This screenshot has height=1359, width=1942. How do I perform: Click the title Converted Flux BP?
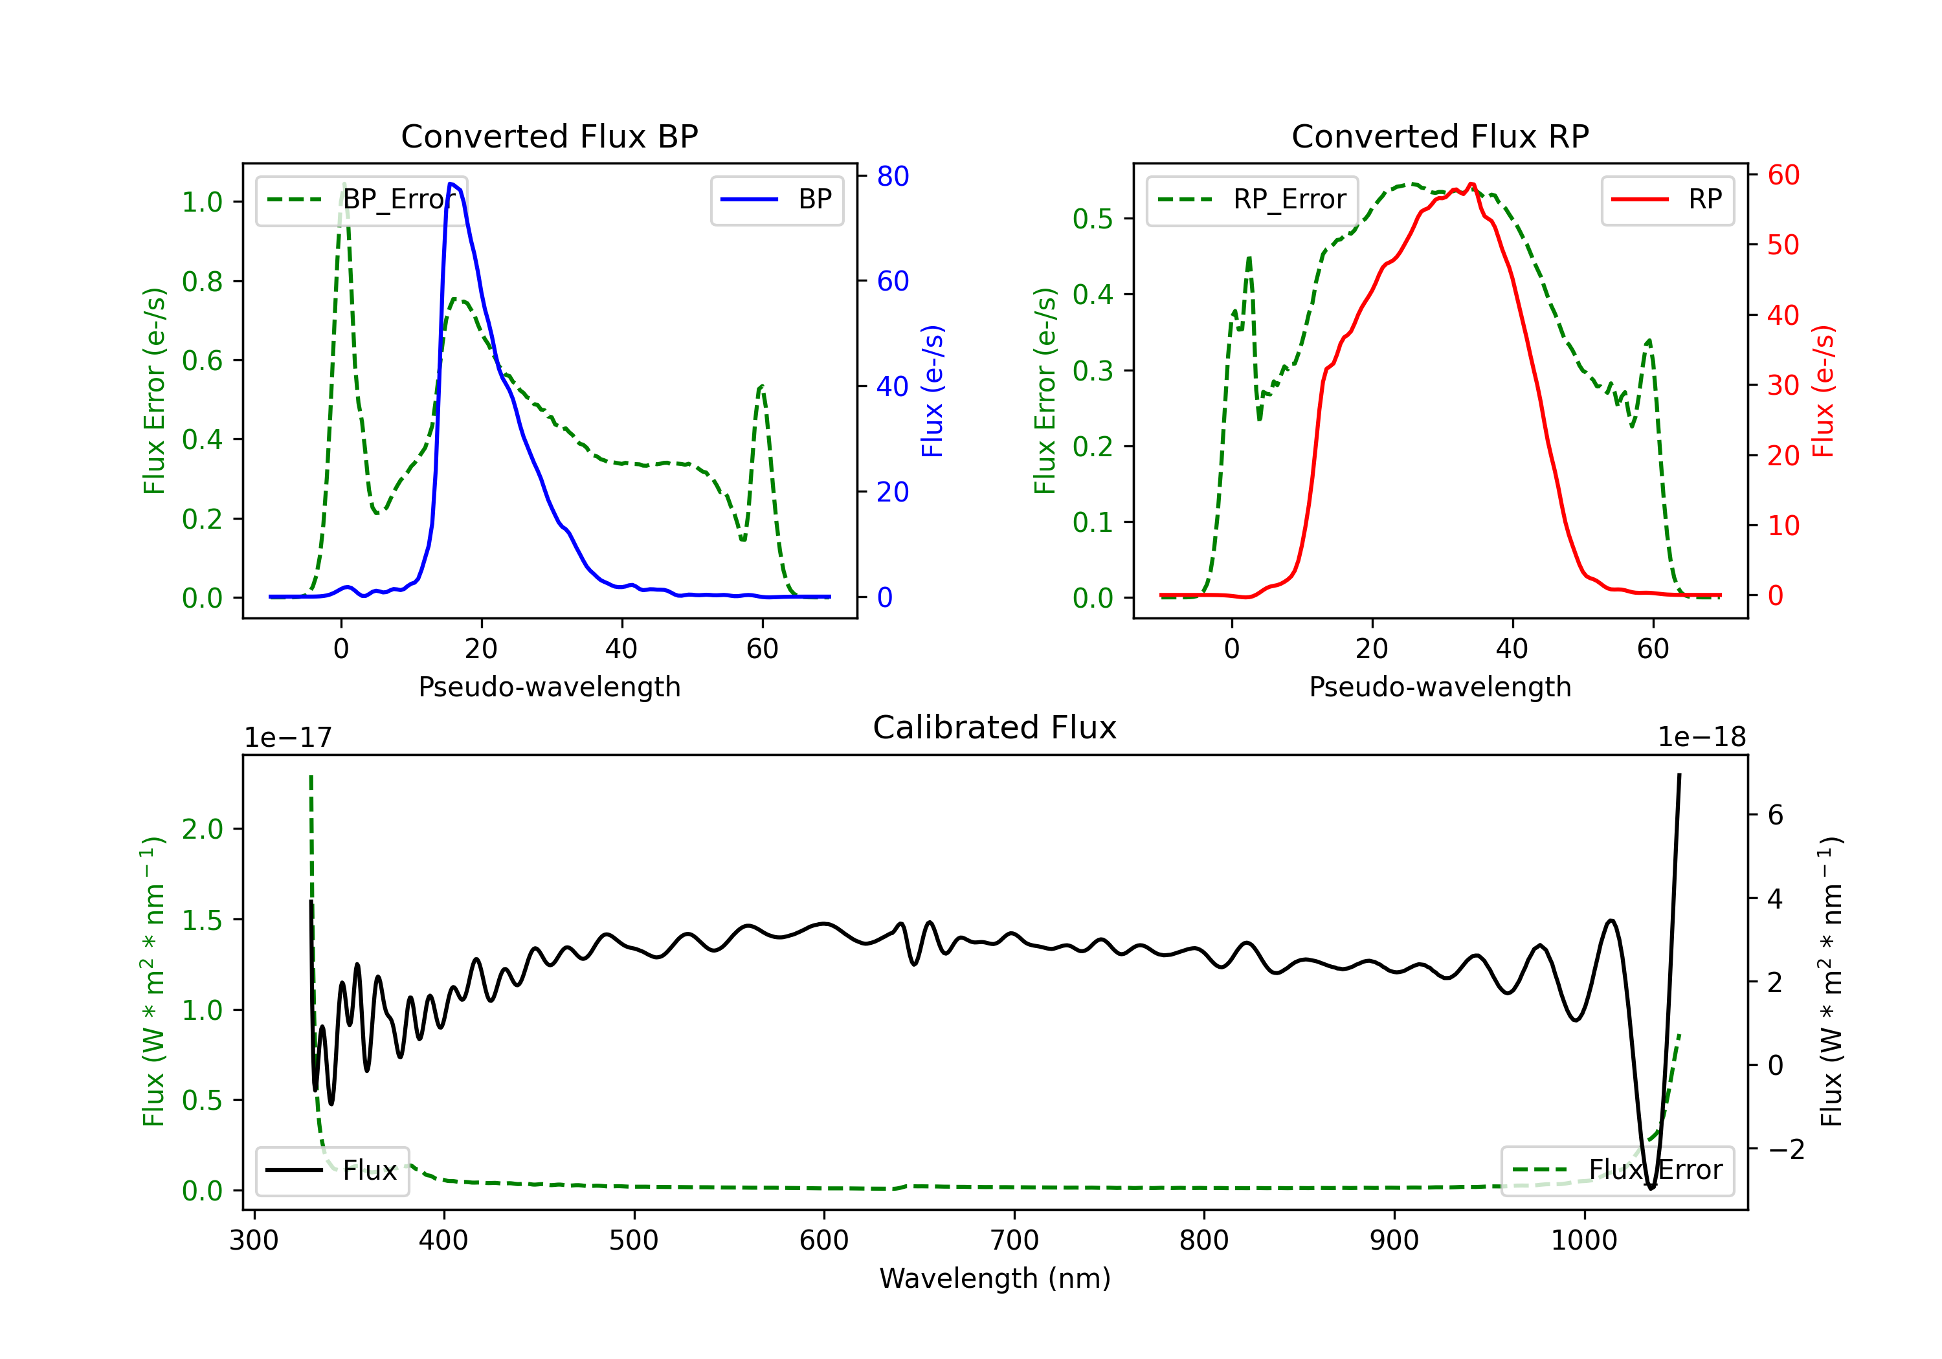[550, 136]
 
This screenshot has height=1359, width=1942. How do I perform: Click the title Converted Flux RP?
[1440, 136]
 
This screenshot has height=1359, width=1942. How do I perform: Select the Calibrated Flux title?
[995, 727]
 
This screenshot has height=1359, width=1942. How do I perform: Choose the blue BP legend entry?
[776, 199]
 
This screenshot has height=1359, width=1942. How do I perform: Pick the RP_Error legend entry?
[1253, 199]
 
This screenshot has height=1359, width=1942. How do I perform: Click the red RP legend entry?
[1667, 199]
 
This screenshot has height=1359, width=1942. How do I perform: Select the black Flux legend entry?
[331, 1171]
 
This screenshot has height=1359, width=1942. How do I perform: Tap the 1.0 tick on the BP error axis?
[202, 202]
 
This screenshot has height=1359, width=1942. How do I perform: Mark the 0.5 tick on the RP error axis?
[1093, 219]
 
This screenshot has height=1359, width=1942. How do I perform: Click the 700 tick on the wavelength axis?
[1014, 1241]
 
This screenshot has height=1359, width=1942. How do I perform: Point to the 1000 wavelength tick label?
[1584, 1241]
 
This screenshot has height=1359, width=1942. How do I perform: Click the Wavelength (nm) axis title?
[995, 1279]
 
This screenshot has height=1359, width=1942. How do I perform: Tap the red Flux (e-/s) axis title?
[1824, 392]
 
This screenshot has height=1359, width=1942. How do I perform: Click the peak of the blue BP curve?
[451, 184]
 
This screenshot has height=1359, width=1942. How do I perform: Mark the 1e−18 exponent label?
[1702, 738]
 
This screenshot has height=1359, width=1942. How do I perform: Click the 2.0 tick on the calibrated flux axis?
[202, 829]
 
